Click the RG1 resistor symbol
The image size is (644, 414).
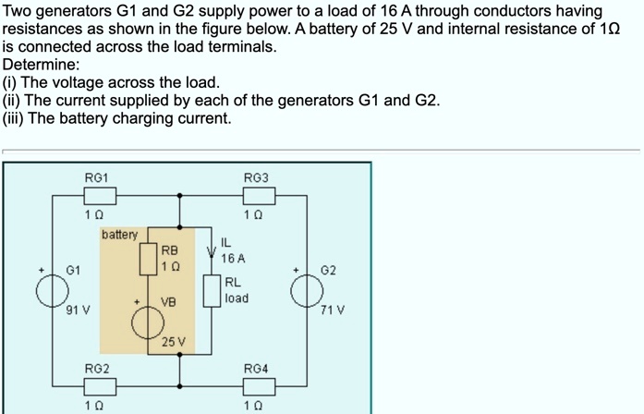pyautogui.click(x=100, y=195)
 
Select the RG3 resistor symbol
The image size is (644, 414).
pyautogui.click(x=259, y=195)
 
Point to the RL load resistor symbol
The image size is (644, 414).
pyautogui.click(x=212, y=290)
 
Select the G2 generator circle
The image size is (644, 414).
pyautogui.click(x=307, y=290)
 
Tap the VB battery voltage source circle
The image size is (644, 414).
pyautogui.click(x=148, y=323)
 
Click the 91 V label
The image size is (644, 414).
pyautogui.click(x=78, y=310)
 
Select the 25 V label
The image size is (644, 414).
pyautogui.click(x=174, y=343)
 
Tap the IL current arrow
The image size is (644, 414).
pyautogui.click(x=212, y=250)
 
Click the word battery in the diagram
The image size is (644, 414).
pyautogui.click(x=119, y=235)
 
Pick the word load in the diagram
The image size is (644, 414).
pyautogui.click(x=237, y=298)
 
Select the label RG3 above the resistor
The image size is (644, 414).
pyautogui.click(x=256, y=177)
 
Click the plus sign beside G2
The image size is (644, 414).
pyautogui.click(x=297, y=270)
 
